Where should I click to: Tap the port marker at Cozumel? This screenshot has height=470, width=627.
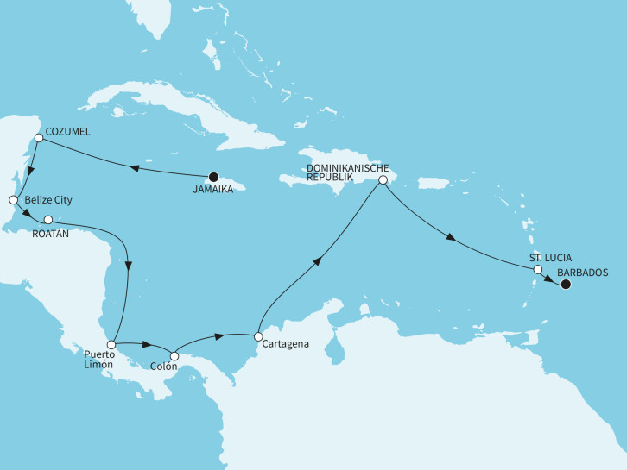click(38, 138)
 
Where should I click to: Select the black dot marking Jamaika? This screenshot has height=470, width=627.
click(213, 179)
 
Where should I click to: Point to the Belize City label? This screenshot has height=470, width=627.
click(48, 200)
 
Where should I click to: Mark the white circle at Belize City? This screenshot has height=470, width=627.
click(13, 200)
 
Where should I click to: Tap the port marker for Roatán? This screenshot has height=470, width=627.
click(48, 220)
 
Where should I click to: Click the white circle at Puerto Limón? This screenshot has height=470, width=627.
click(111, 344)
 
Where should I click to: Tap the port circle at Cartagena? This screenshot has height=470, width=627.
click(256, 335)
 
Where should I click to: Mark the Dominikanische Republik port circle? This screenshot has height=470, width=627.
click(383, 181)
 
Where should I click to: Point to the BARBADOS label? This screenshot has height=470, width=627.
click(583, 272)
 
